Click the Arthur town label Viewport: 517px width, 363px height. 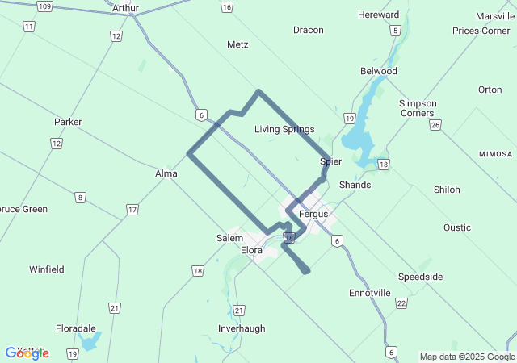coord(126,8)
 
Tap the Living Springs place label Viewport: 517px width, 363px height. coord(284,129)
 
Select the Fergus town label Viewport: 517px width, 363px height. coord(313,214)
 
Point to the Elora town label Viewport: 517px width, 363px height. coord(252,250)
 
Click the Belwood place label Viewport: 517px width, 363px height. coord(378,71)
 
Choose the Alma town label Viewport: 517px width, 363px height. coord(166,173)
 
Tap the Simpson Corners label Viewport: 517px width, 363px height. coord(418,108)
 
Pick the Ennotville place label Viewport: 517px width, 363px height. coord(370,293)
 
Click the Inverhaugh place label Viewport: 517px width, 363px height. coord(242,328)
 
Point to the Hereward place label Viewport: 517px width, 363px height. coord(378,15)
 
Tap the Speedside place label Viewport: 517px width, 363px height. coord(420,277)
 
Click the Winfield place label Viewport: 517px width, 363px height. coord(47,269)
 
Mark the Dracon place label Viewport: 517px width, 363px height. coord(308,31)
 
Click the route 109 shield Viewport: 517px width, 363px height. coord(44,6)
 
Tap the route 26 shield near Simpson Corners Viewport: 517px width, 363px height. coord(435,124)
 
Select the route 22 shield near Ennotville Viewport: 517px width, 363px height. coord(401,302)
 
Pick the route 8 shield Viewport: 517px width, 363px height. coord(80,197)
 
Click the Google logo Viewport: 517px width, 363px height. coord(27,353)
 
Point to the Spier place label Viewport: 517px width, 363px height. coord(330,161)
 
